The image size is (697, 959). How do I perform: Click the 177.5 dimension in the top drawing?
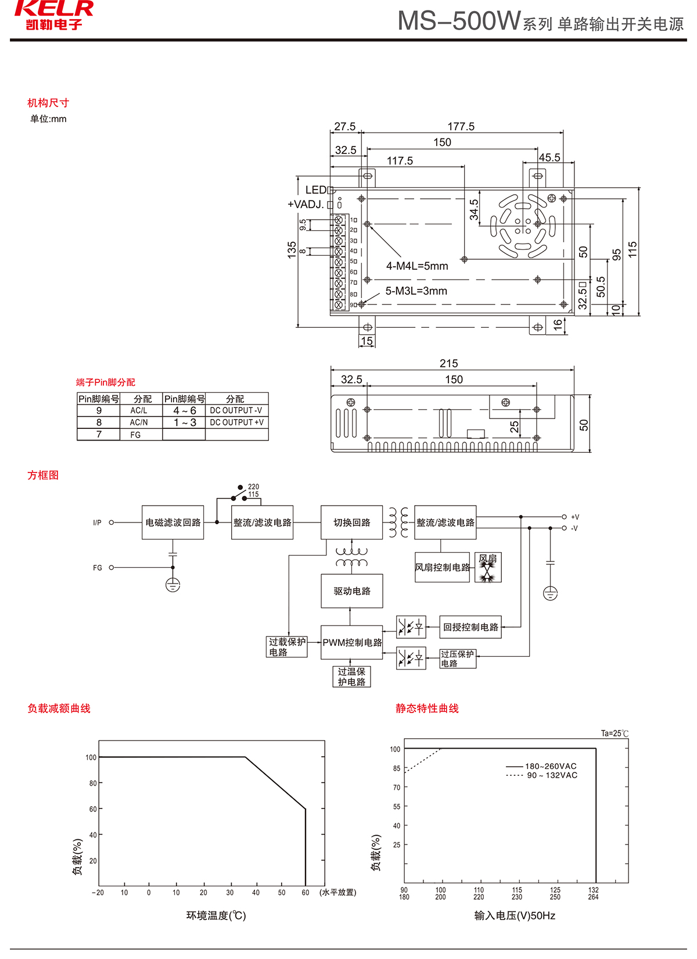point(461,126)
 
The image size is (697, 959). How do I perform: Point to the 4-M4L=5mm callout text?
point(417,266)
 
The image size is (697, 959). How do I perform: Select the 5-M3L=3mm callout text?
point(416,291)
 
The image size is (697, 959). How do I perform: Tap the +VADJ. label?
point(306,205)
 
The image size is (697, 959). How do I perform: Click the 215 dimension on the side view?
point(448,363)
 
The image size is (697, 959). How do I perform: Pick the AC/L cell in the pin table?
point(139,410)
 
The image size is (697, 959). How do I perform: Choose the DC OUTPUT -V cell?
point(236,410)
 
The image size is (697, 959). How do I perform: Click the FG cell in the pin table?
point(135,435)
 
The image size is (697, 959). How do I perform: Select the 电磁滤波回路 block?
point(173,523)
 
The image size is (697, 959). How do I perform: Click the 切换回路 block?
point(351,523)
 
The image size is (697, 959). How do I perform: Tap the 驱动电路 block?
point(351,591)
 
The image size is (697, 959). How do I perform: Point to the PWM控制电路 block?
point(352,642)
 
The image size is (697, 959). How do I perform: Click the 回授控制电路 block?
point(470,627)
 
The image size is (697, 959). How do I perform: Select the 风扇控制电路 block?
point(442,567)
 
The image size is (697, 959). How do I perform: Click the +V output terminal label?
point(574,517)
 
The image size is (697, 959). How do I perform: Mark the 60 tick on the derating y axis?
point(93,809)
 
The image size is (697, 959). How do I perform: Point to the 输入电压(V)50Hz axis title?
point(515,916)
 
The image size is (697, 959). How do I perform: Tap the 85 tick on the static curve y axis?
point(397,768)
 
